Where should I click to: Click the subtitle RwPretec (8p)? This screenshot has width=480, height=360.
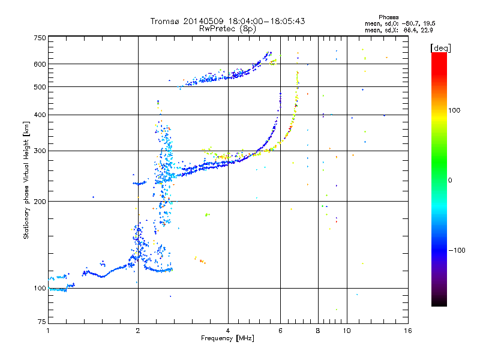click(x=227, y=29)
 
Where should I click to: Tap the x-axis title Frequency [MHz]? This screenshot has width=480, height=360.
click(x=227, y=338)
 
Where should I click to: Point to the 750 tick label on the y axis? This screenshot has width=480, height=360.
click(x=40, y=38)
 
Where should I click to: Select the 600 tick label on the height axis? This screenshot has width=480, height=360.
click(x=40, y=64)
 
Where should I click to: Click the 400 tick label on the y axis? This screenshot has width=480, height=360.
click(x=40, y=115)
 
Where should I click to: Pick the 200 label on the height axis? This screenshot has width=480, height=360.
click(x=40, y=201)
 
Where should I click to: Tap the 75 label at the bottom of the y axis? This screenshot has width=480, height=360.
click(x=42, y=322)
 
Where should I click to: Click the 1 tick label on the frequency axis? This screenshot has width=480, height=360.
click(x=48, y=331)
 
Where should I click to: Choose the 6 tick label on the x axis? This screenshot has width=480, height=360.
click(x=280, y=331)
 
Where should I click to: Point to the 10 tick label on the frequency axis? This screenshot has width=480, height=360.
click(x=347, y=331)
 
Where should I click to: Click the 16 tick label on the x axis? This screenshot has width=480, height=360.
click(x=408, y=331)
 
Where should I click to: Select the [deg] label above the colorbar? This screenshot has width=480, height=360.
click(x=440, y=48)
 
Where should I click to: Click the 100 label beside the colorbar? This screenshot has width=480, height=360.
click(x=454, y=110)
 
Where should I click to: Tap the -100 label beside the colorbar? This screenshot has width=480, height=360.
click(x=457, y=250)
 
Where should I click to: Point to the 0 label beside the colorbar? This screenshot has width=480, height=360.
click(x=450, y=181)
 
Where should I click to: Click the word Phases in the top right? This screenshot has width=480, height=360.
click(x=388, y=17)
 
